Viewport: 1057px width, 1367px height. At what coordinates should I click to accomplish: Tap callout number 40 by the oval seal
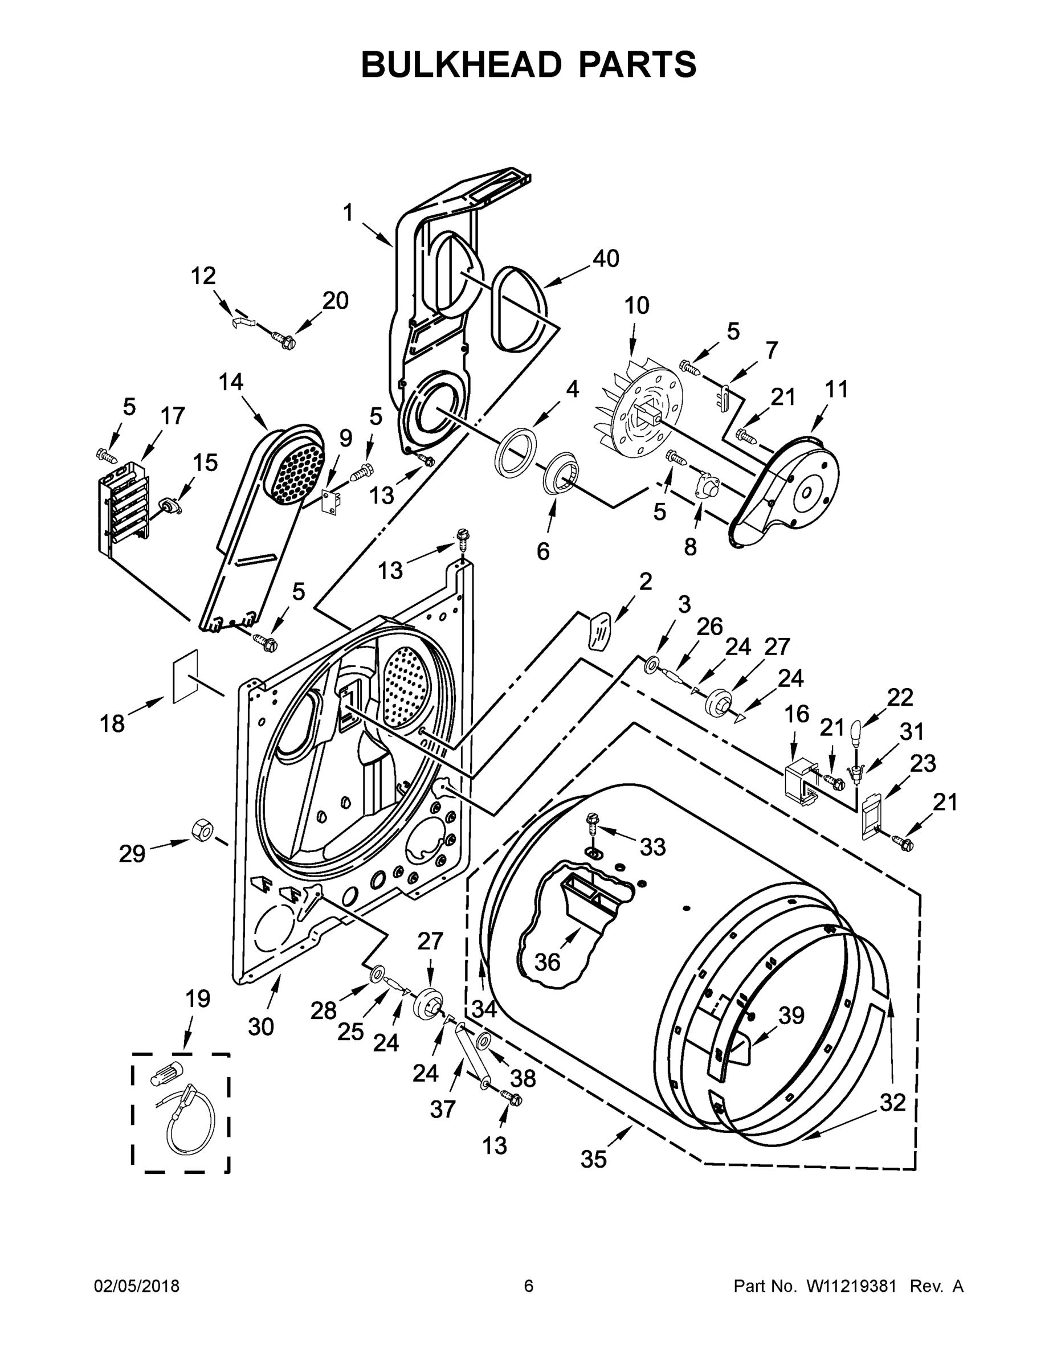pos(606,258)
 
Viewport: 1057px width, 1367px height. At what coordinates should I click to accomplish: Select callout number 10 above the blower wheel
pos(636,305)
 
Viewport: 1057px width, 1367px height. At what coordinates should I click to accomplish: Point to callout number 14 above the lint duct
pos(231,381)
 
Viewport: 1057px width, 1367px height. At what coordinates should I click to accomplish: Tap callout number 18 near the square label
pos(113,724)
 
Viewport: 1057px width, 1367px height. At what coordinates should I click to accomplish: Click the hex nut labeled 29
pos(202,829)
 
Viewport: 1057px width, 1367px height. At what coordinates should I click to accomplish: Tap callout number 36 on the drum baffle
pos(546,962)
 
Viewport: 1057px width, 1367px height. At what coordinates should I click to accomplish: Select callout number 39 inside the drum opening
pos(791,1015)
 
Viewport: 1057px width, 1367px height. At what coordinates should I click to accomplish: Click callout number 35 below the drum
pos(593,1159)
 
